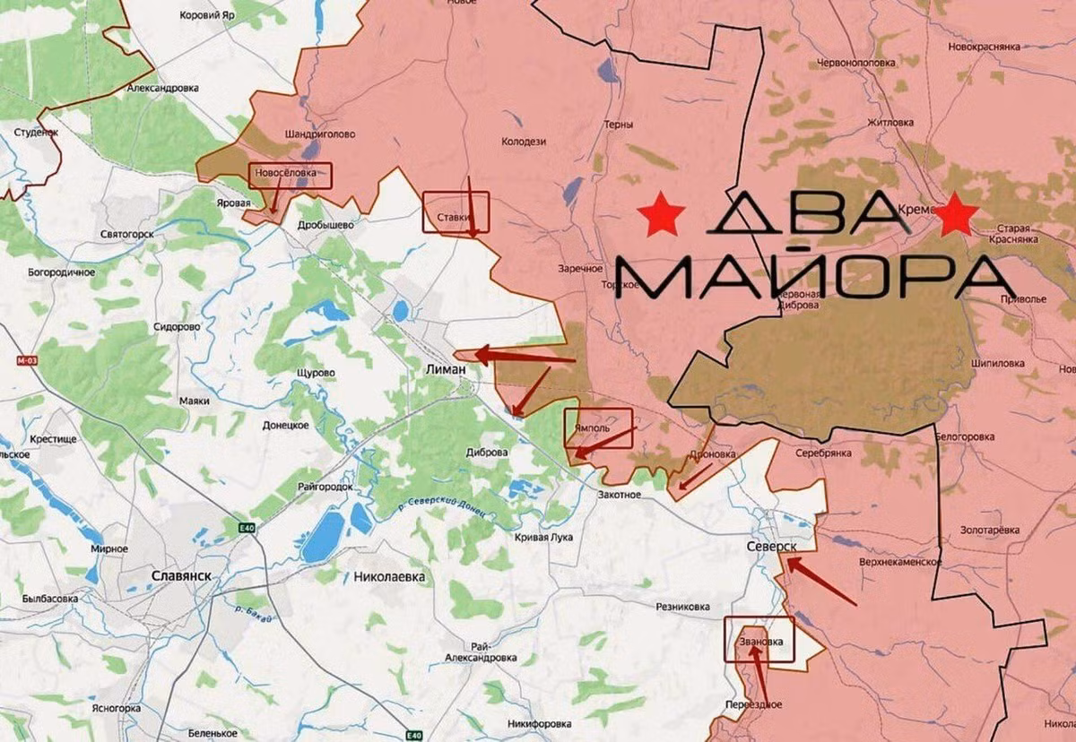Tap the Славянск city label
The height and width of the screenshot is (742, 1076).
click(x=180, y=575)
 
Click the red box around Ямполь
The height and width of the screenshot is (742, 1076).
click(x=598, y=427)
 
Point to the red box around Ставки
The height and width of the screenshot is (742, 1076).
click(x=456, y=212)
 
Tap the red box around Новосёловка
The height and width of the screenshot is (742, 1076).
click(x=290, y=175)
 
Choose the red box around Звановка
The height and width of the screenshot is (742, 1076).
click(x=759, y=639)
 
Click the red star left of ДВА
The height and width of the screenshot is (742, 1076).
click(x=662, y=215)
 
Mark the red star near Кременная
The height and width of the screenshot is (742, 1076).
click(x=957, y=215)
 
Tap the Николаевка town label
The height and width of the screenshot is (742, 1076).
click(x=389, y=577)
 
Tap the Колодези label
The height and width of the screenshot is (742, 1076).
click(x=525, y=140)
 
